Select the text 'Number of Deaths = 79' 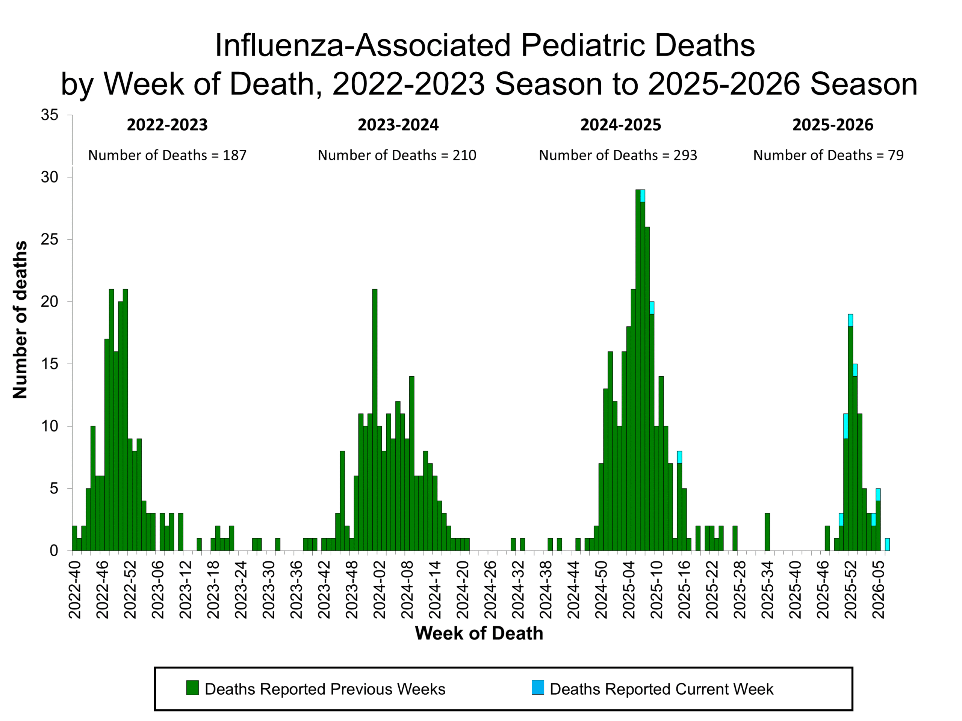[x=828, y=155]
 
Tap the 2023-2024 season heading [x=398, y=125]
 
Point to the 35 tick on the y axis [x=50, y=115]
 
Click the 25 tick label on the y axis [x=50, y=240]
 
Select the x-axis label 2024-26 [x=490, y=589]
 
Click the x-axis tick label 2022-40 [x=75, y=589]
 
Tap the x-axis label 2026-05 [x=878, y=589]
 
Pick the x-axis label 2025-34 [x=767, y=589]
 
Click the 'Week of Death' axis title [x=479, y=633]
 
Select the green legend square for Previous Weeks [x=192, y=688]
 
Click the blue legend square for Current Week [x=537, y=688]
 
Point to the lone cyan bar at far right [x=887, y=545]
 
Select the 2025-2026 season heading [x=832, y=125]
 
